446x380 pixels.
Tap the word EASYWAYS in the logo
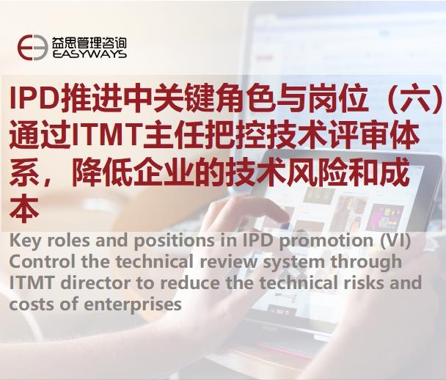pyautogui.click(x=89, y=54)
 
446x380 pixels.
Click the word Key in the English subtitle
pyautogui.click(x=26, y=241)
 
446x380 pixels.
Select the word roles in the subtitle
pyautogui.click(x=69, y=241)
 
